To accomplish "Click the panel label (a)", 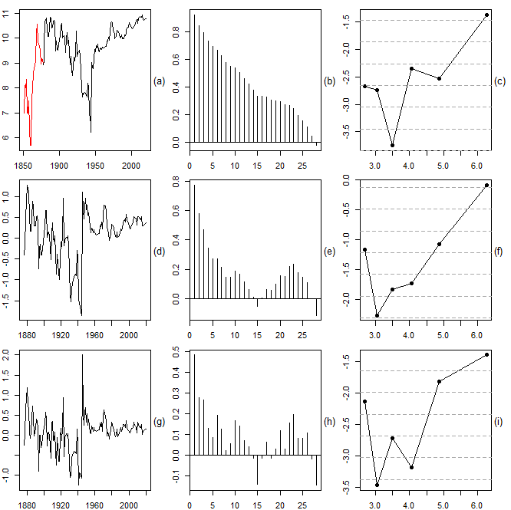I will coord(160,81).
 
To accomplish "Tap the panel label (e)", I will coord(329,252).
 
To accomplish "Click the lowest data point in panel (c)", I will coord(392,145).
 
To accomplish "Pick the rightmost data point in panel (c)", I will coord(486,15).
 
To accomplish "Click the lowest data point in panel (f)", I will coord(377,315).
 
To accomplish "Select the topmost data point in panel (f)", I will coord(486,186).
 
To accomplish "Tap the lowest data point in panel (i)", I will coord(377,485).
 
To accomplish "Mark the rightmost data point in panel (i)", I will coord(486,354).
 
